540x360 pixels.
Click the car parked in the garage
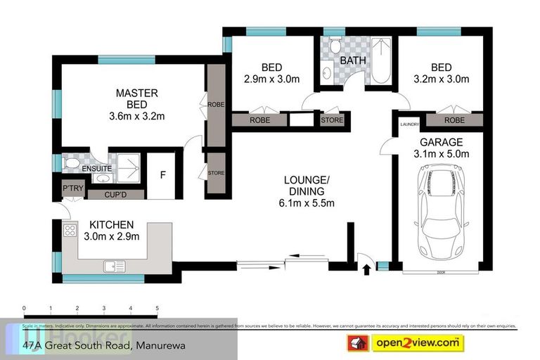pyautogui.click(x=442, y=214)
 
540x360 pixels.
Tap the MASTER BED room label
pyautogui.click(x=136, y=93)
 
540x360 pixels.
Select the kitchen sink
pyautogui.click(x=114, y=266)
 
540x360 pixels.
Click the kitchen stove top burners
pyautogui.click(x=70, y=230)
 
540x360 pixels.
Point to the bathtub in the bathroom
pyautogui.click(x=380, y=62)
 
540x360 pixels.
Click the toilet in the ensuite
pyautogui.click(x=71, y=163)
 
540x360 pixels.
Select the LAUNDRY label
pyautogui.click(x=409, y=125)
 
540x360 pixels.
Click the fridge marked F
pyautogui.click(x=162, y=174)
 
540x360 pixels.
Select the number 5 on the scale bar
pyautogui.click(x=157, y=309)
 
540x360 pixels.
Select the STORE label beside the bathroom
pyautogui.click(x=332, y=120)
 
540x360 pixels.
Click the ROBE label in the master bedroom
pyautogui.click(x=215, y=104)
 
